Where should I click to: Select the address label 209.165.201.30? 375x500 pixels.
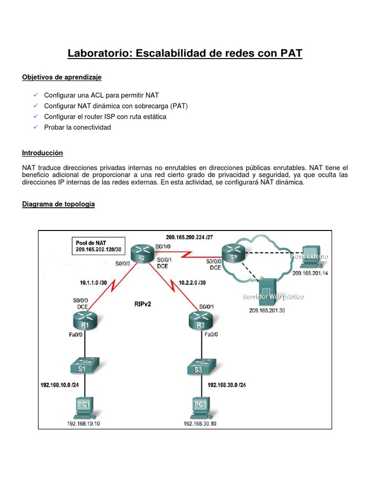pos(267,310)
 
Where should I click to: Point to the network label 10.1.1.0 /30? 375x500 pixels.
pos(97,282)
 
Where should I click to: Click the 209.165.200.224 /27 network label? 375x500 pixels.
pos(189,237)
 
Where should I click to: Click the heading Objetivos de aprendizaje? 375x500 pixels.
pos(62,77)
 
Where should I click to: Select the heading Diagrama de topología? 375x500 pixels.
pos(59,204)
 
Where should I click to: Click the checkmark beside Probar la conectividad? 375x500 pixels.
pos(35,127)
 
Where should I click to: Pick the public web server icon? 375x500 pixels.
pos(266,288)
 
